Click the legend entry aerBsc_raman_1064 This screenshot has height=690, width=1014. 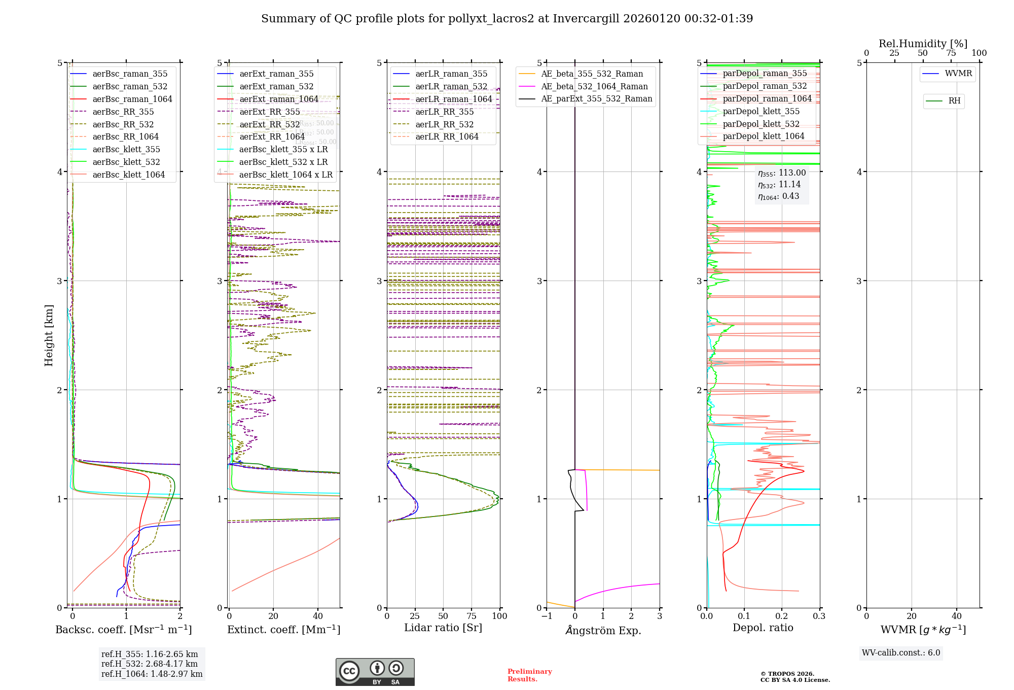(132, 99)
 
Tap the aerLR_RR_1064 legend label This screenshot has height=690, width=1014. (447, 137)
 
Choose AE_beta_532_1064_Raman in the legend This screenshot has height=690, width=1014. (594, 87)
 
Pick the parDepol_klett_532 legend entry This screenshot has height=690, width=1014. (760, 124)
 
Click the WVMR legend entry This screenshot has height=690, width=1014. (958, 74)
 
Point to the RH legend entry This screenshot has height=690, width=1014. (954, 101)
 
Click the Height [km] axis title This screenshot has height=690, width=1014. (49, 335)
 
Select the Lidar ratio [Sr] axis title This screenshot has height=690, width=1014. (443, 628)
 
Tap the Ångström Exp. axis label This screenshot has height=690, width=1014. (603, 631)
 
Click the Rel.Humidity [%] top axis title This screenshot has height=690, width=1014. (923, 44)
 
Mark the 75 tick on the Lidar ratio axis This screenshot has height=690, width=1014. (472, 616)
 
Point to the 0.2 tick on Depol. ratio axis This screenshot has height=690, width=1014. (781, 616)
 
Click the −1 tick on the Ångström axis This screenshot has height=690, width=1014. (547, 616)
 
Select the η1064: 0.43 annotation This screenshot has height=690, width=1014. (778, 196)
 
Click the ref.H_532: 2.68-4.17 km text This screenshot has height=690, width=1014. (149, 664)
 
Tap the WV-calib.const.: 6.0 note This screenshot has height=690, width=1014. (901, 653)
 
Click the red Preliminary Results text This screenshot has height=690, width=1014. (529, 675)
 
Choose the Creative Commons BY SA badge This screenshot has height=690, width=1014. (375, 672)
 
